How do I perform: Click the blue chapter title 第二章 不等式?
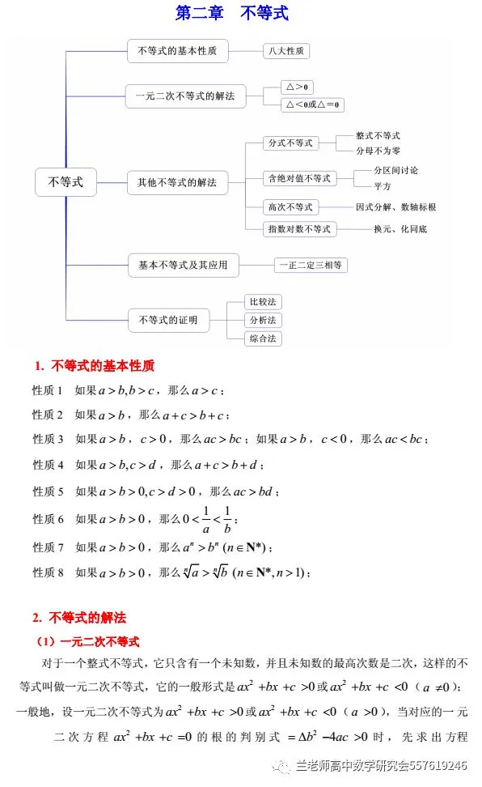click(x=232, y=13)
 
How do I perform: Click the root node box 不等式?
click(x=66, y=182)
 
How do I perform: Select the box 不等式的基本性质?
click(x=178, y=51)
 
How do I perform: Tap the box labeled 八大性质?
click(x=286, y=51)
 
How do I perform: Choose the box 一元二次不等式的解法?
click(x=185, y=96)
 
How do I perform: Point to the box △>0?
click(x=297, y=87)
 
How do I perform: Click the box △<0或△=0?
click(x=312, y=104)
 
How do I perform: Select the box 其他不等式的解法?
click(x=178, y=183)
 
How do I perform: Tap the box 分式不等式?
click(x=290, y=143)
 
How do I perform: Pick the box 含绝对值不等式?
click(x=299, y=178)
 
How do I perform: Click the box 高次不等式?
click(x=290, y=206)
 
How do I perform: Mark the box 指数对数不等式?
click(x=299, y=229)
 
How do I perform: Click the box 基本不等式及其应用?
click(x=183, y=265)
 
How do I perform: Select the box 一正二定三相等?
click(x=311, y=265)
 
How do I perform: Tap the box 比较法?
click(x=263, y=302)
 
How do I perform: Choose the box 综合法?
click(x=263, y=338)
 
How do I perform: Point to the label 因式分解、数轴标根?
click(x=395, y=206)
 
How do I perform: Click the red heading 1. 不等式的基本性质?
click(x=95, y=366)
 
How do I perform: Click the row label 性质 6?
click(x=48, y=519)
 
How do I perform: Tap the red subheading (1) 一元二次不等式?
click(x=88, y=641)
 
